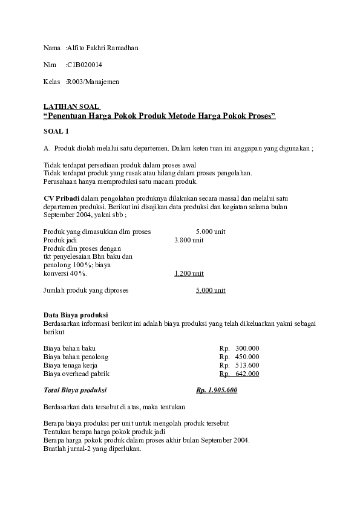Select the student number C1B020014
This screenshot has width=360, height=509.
pyautogui.click(x=85, y=65)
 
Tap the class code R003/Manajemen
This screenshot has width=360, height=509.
pyautogui.click(x=93, y=82)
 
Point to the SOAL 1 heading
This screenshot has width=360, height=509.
pyautogui.click(x=56, y=131)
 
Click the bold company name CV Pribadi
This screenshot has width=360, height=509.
pyautogui.click(x=62, y=198)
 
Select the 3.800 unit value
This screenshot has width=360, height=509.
pyautogui.click(x=189, y=240)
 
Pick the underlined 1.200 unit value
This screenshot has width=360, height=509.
pyautogui.click(x=189, y=273)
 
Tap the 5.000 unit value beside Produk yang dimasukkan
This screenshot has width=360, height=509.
pyautogui.click(x=211, y=232)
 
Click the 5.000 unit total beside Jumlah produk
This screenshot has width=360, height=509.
pyautogui.click(x=211, y=290)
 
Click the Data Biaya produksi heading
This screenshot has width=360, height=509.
pyautogui.click(x=76, y=315)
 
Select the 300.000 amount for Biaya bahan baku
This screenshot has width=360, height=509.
pyautogui.click(x=247, y=348)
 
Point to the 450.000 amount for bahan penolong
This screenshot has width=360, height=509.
pyautogui.click(x=247, y=357)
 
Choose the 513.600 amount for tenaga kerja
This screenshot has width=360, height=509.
pyautogui.click(x=247, y=365)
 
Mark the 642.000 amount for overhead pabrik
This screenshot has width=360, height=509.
pyautogui.click(x=247, y=374)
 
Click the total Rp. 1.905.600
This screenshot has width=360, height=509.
pyautogui.click(x=217, y=391)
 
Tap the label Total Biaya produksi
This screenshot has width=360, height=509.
pyautogui.click(x=75, y=391)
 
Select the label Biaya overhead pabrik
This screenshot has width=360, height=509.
pyautogui.click(x=77, y=374)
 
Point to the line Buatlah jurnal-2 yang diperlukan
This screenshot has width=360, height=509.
pyautogui.click(x=93, y=449)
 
